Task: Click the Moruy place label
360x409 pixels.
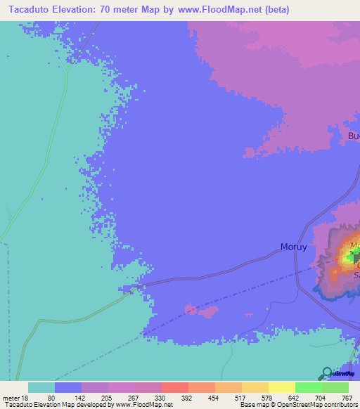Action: [294, 247]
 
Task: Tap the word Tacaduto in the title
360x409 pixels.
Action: [26, 10]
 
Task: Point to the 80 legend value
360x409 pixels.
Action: [51, 398]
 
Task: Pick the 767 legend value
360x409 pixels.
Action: [347, 398]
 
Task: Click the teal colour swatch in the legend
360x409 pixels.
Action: [41, 387]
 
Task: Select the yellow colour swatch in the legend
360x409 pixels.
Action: [281, 387]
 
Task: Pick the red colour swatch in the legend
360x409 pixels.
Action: [174, 387]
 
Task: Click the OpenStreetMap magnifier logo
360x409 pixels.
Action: [327, 373]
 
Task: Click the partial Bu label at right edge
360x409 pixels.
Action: [353, 136]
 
